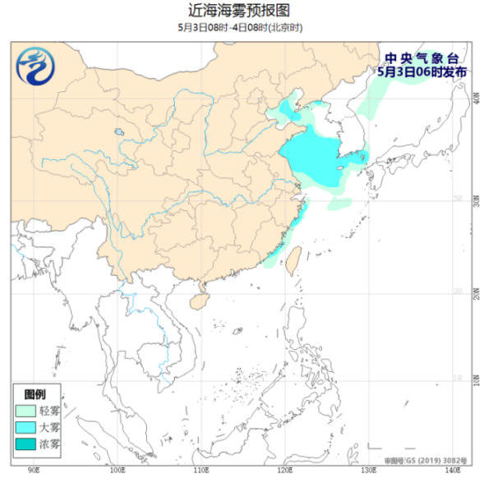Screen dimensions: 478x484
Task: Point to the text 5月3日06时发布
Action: point(422,71)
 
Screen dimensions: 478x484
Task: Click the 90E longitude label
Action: point(34,471)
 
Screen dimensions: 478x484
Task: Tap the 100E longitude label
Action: point(118,471)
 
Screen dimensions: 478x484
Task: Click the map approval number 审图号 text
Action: point(421,462)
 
